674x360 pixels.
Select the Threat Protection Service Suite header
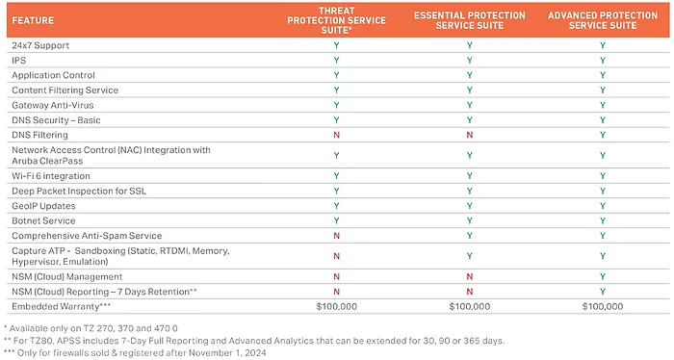pos(337,18)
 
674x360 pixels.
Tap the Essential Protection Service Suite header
pos(469,18)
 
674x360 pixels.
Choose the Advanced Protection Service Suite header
pos(602,18)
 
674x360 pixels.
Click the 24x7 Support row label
pos(40,45)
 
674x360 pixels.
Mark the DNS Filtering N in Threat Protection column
pos(337,134)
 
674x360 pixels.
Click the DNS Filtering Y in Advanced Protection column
pos(602,134)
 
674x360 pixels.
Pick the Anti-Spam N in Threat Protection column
pos(337,235)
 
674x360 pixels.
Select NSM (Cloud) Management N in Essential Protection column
pos(469,275)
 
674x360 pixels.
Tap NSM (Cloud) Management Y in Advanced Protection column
pos(602,275)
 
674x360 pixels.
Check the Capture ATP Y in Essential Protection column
pos(469,255)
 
